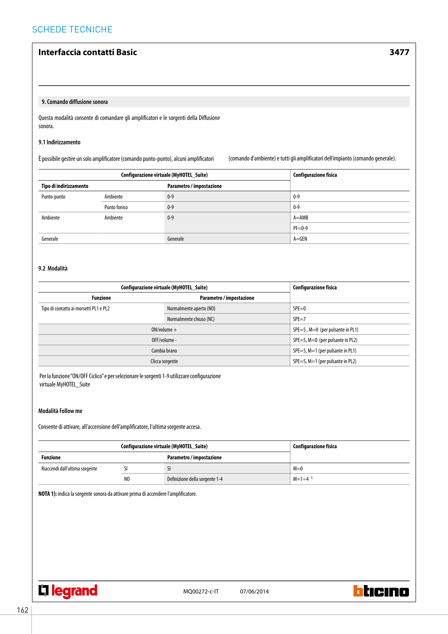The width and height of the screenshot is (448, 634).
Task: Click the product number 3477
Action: click(399, 52)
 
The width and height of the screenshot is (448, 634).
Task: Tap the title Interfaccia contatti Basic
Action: click(88, 52)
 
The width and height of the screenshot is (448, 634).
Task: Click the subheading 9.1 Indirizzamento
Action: click(59, 142)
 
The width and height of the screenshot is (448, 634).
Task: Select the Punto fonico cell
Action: click(116, 207)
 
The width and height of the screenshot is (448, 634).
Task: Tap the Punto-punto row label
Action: click(53, 197)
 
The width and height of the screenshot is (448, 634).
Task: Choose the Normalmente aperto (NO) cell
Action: click(191, 308)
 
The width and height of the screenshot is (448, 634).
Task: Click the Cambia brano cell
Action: click(164, 351)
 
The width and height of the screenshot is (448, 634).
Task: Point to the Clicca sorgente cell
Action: click(164, 361)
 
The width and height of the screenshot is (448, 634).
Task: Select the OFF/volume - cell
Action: click(164, 340)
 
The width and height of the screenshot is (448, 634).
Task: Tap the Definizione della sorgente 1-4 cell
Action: click(195, 479)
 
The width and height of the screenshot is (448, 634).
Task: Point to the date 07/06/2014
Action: click(254, 591)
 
